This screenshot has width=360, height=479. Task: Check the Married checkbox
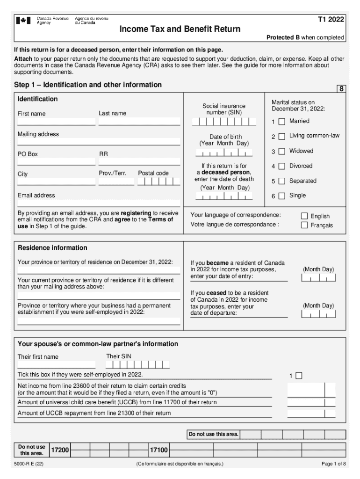tap(281, 122)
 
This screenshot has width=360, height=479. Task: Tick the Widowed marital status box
tap(281, 152)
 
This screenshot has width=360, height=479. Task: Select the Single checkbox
tap(281, 196)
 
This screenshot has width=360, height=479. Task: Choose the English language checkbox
tap(304, 216)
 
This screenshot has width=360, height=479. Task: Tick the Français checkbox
tap(304, 225)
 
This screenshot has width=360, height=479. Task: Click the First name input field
tap(56, 122)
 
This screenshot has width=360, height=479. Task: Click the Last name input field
tap(139, 122)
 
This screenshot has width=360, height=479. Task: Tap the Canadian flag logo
tap(24, 21)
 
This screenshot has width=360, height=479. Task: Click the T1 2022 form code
tap(331, 19)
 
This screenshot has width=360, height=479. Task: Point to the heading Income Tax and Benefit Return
tap(180, 29)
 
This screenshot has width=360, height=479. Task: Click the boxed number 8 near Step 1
tap(342, 88)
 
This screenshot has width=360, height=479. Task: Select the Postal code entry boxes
tap(158, 181)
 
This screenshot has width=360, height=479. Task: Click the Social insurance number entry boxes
tap(224, 122)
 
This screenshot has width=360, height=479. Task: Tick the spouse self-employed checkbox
tap(299, 375)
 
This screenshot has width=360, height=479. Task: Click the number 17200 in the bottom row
tap(60, 450)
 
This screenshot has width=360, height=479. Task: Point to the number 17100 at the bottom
tap(158, 450)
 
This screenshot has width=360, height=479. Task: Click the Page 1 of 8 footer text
tap(334, 464)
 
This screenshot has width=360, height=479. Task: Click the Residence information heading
tap(52, 247)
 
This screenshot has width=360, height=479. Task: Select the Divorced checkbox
tap(281, 166)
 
